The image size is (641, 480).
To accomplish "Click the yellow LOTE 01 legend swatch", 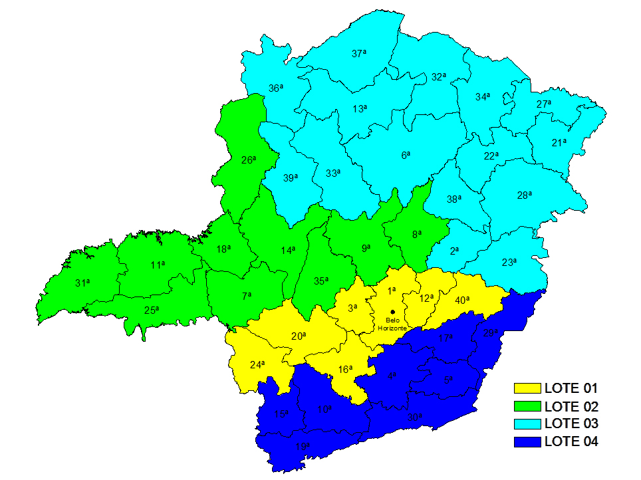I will click(x=527, y=388).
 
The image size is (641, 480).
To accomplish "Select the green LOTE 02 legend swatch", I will click(x=527, y=406).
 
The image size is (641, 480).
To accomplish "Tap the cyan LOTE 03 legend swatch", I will click(x=527, y=423).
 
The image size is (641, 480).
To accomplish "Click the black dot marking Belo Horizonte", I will click(x=392, y=311).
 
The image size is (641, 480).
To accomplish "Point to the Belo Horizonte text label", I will click(x=392, y=324).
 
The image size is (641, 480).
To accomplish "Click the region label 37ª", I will click(x=359, y=53).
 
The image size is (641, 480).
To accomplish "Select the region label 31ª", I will click(x=82, y=283).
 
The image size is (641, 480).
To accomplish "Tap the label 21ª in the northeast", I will click(x=559, y=142).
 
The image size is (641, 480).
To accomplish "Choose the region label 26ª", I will click(x=248, y=160).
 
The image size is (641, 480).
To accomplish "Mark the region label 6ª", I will click(x=406, y=155).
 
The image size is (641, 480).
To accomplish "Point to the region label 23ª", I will click(x=509, y=262).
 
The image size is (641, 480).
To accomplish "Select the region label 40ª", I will click(x=463, y=300).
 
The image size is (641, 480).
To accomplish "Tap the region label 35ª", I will click(x=321, y=281).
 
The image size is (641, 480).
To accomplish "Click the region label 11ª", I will click(x=158, y=265).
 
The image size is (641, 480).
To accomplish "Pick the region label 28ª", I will click(x=525, y=195).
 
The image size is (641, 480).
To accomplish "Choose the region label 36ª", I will click(x=276, y=88).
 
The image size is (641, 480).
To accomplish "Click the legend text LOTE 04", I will click(x=571, y=441).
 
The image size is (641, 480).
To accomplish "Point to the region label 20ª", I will click(x=299, y=336).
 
